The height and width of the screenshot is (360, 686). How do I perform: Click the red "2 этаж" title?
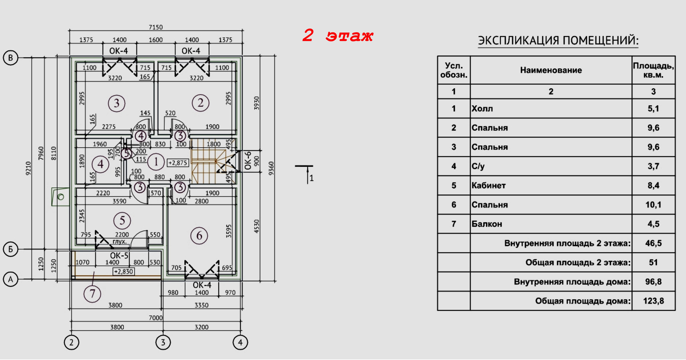pyautogui.click(x=338, y=36)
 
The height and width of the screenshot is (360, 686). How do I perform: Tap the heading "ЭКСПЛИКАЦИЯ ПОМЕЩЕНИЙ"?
pyautogui.click(x=558, y=40)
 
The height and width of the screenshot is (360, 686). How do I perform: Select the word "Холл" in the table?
pyautogui.click(x=482, y=109)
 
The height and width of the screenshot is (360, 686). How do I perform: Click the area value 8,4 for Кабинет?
pyautogui.click(x=653, y=185)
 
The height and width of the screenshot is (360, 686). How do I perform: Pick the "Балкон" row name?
pyautogui.click(x=487, y=224)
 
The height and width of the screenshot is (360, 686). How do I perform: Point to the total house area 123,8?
pyautogui.click(x=653, y=301)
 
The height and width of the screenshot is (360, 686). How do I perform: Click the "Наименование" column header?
pyautogui.click(x=551, y=70)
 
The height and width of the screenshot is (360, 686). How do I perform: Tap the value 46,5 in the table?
pyautogui.click(x=653, y=243)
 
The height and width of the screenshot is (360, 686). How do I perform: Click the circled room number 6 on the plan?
pyautogui.click(x=199, y=236)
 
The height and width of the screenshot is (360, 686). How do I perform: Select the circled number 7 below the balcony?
pyautogui.click(x=92, y=294)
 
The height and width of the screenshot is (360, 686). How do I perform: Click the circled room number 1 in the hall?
pyautogui.click(x=156, y=162)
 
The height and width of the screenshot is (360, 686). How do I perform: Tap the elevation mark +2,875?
pyautogui.click(x=178, y=163)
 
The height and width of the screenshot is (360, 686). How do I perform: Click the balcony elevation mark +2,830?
pyautogui.click(x=123, y=272)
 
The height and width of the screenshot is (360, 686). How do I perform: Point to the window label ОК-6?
pyautogui.click(x=248, y=160)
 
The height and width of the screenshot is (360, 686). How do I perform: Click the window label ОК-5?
pyautogui.click(x=119, y=256)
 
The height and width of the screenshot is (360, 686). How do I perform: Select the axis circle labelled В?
pyautogui.click(x=11, y=58)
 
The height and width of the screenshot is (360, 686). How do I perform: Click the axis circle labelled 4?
pyautogui.click(x=240, y=342)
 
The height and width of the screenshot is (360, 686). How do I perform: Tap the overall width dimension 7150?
pyautogui.click(x=155, y=27)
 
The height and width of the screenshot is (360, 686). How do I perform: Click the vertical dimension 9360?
pyautogui.click(x=271, y=169)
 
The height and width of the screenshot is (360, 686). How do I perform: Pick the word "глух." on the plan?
pyautogui.click(x=120, y=242)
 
